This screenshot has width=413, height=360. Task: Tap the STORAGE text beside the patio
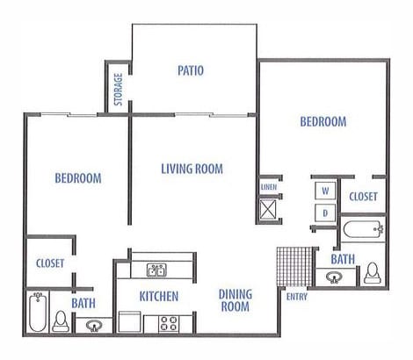[119, 88]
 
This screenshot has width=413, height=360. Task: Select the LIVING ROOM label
[192, 169]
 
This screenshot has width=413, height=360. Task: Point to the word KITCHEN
[159, 296]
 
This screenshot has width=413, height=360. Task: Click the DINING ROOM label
[234, 300]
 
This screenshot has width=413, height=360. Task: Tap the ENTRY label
[295, 295]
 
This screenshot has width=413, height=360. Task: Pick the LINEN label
[268, 188]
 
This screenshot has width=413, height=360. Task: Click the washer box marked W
[323, 191]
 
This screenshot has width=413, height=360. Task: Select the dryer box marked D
[323, 212]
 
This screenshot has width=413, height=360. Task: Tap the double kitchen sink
[156, 270]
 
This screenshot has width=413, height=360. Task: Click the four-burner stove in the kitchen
[169, 322]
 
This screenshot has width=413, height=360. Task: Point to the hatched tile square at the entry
[292, 264]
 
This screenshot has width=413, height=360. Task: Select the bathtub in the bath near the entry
[361, 232]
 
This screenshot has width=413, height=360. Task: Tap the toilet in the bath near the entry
[372, 272]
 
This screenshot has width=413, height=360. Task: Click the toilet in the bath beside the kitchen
[62, 320]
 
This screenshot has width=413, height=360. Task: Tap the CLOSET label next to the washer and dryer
[362, 197]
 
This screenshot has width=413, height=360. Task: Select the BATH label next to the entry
[343, 259]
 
